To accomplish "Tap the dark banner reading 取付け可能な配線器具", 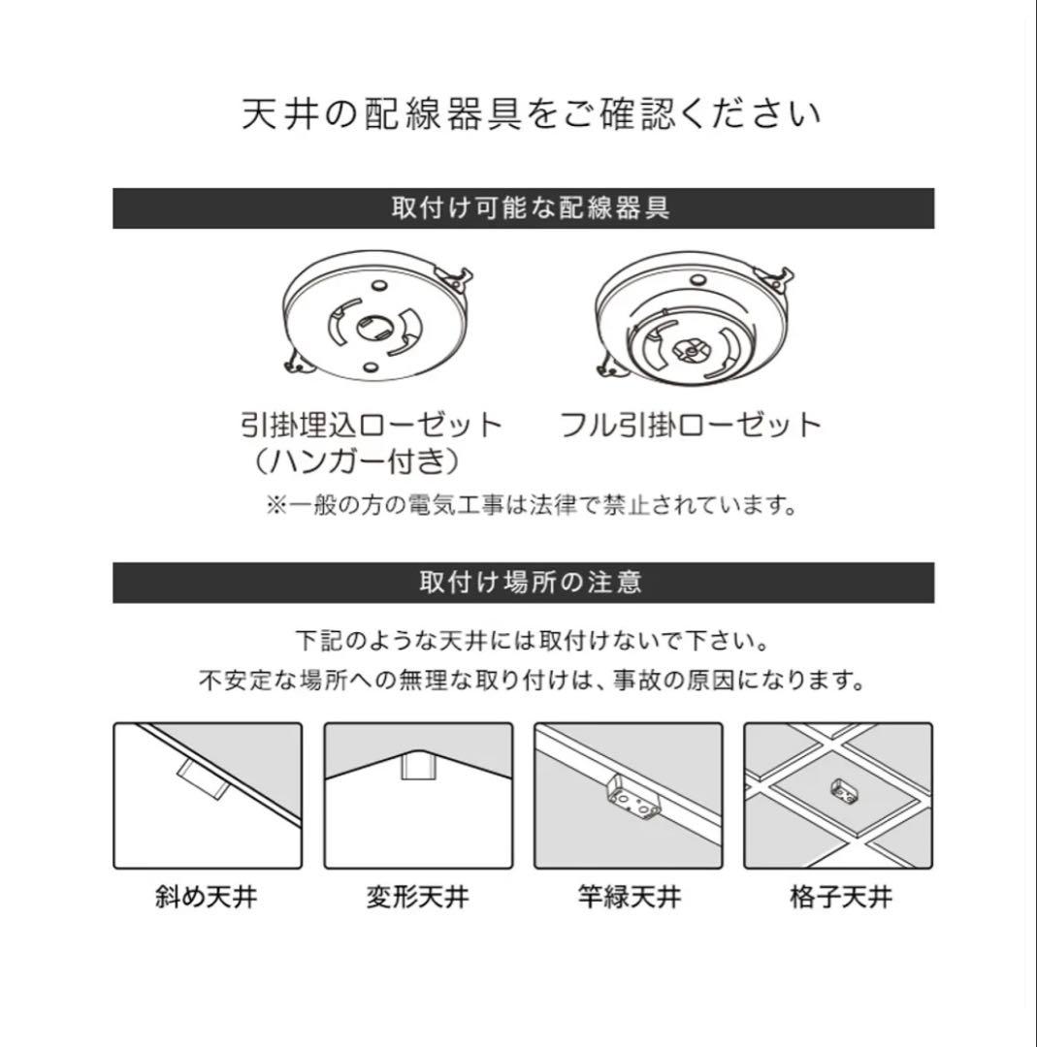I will coord(523,208).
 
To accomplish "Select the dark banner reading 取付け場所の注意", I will coord(523,583).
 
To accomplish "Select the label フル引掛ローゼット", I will coord(691,425).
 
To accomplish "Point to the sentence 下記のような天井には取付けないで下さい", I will coord(533,641).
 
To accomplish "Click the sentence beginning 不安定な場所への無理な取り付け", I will coord(531,680).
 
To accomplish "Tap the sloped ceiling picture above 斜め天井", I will coord(208,795).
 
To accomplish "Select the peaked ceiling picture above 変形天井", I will coord(418,795).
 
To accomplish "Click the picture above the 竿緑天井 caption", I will coord(628,795).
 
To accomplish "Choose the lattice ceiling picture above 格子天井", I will coord(838,795).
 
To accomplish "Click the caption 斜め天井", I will coord(207,897).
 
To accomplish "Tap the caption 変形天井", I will coord(417,897).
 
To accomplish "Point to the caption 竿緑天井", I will coord(628,897).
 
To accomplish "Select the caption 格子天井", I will coord(839,897).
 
